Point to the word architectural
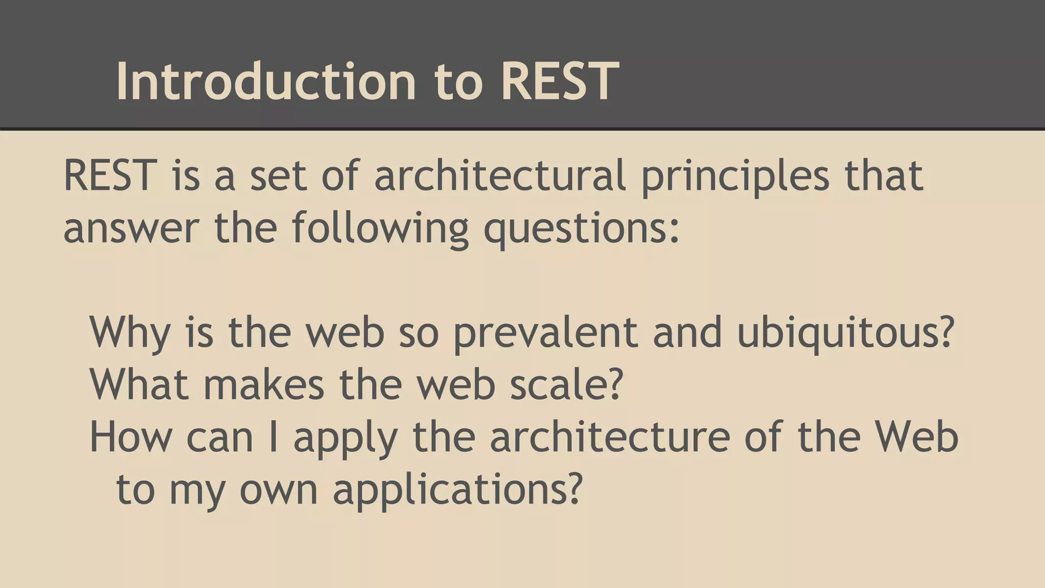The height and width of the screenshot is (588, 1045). point(500,176)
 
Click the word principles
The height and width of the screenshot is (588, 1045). point(735,176)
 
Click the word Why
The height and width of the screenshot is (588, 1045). point(130,333)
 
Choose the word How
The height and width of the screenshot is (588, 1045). point(131,437)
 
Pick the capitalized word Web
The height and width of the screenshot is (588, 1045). point(916,437)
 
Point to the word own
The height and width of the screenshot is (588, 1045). point(279,489)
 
